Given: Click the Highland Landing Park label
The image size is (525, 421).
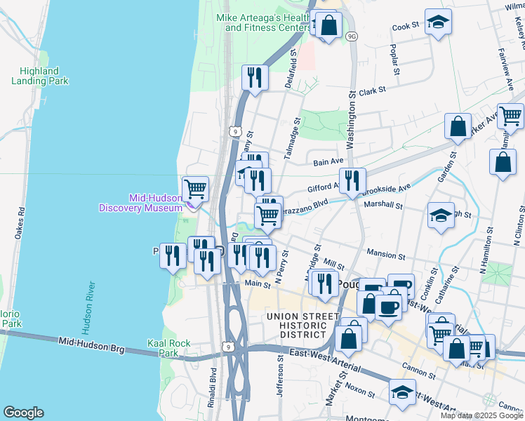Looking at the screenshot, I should pos(39,76).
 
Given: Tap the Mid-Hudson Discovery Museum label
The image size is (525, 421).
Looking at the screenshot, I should pos(140,203).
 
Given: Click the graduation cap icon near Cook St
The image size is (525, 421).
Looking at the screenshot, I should pos(439,22).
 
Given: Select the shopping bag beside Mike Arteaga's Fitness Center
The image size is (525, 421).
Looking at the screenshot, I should pos(328,26).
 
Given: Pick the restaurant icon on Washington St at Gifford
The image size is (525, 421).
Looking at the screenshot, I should pos(352,182).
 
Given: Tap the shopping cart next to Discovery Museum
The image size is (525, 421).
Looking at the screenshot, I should pos(195,189).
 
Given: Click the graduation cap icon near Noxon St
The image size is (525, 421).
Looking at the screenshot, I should pos(403,392).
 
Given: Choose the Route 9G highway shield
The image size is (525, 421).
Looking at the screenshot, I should pos(352,35).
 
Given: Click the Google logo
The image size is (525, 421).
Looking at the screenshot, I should pos(24,412).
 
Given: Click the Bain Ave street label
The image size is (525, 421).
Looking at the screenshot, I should pos(328,162).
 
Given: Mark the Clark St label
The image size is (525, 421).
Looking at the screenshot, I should pos(372,91).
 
